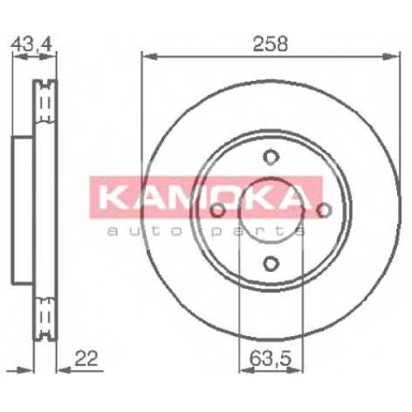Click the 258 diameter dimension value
coord(270,44)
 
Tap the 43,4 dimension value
coord(32,44)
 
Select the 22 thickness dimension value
coord(86,358)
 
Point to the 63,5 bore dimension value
coord(270,358)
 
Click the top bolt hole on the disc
coord(271,157)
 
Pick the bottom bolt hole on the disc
coord(271,264)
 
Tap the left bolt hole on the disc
coord(218,210)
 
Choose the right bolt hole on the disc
coord(324,210)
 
